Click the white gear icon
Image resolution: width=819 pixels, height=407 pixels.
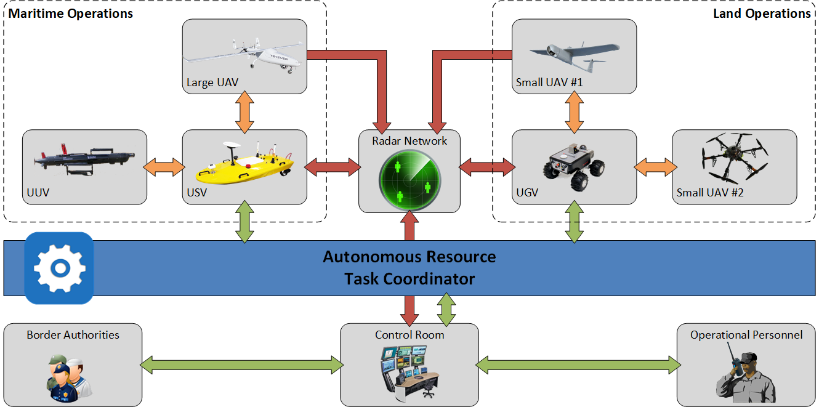pos(59,268)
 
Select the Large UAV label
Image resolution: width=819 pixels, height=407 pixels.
pos(212,83)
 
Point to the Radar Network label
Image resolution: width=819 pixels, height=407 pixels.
pos(409,141)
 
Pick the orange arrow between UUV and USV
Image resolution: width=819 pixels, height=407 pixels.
pos(164,166)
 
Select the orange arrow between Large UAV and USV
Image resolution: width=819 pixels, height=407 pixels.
pos(244,111)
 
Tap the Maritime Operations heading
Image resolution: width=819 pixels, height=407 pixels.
pos(70,14)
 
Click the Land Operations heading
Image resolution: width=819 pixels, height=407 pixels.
pos(761,14)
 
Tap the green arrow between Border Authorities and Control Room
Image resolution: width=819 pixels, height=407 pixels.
pos(241,365)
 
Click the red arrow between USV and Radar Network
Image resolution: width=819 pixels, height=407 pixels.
pos(333,166)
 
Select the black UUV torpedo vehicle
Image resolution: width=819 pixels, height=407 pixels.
pos(83,157)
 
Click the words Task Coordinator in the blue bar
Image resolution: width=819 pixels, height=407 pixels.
pos(409,279)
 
